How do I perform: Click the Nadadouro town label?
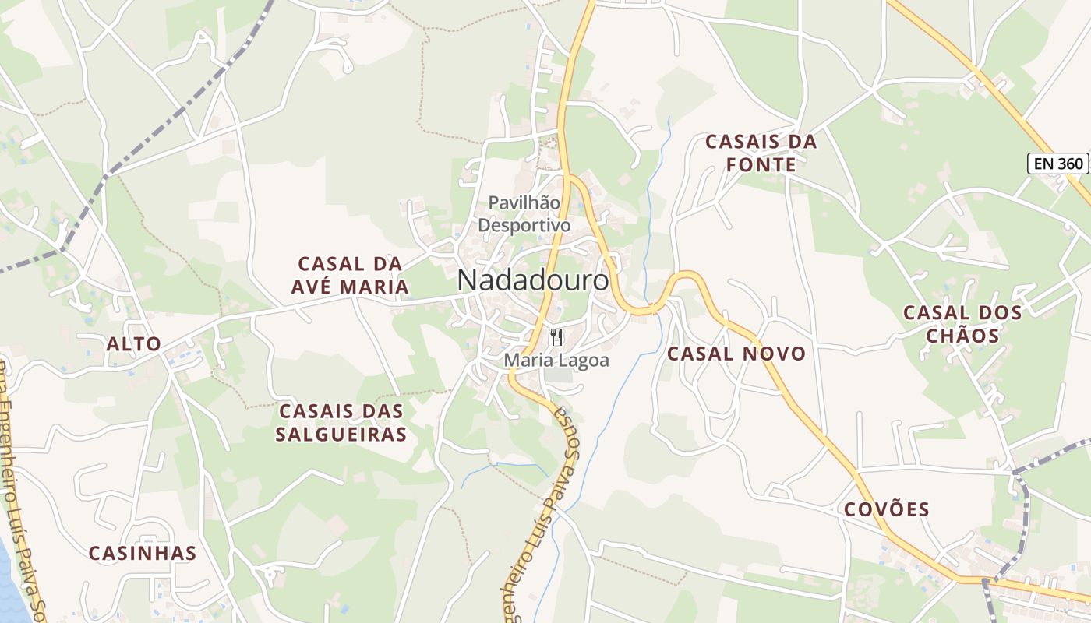click(533, 280)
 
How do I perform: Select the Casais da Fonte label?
click(761, 153)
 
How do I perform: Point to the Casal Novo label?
click(736, 354)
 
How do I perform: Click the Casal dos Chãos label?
click(962, 324)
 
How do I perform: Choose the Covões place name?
click(887, 510)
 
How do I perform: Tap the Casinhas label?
click(142, 554)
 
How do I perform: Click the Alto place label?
click(134, 344)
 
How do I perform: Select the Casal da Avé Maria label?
click(350, 275)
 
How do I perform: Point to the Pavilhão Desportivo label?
click(524, 214)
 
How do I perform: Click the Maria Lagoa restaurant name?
click(556, 361)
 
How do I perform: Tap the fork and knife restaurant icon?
click(556, 337)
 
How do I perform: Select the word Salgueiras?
click(341, 435)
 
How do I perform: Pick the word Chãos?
click(962, 336)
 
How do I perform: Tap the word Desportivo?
click(524, 226)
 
